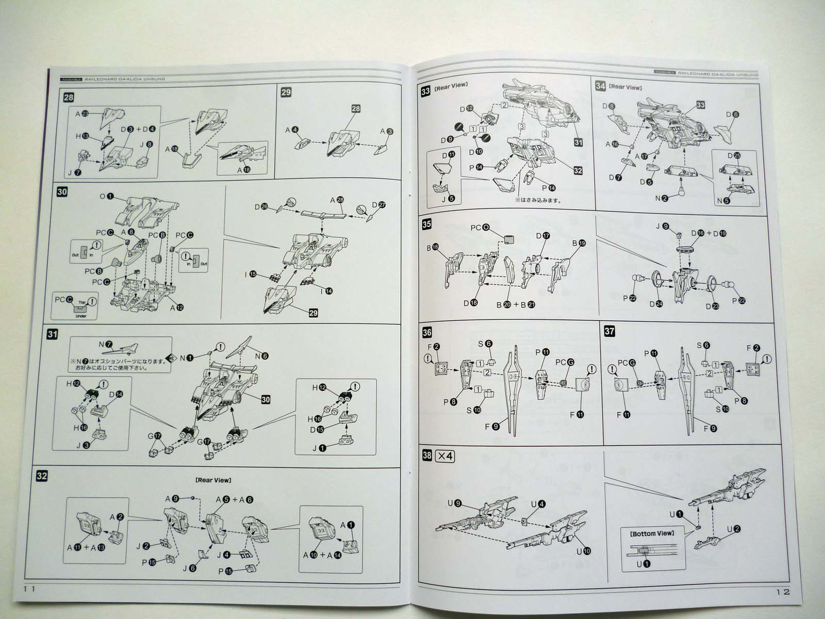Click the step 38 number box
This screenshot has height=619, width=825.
(427, 456)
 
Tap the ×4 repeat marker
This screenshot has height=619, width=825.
(444, 456)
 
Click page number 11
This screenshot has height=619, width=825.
(29, 589)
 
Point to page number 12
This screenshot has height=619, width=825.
(782, 592)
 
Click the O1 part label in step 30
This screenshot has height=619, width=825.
(106, 197)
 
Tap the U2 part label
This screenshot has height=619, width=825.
(734, 529)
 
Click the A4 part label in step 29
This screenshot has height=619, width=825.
(292, 131)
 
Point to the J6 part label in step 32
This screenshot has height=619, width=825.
(189, 568)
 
